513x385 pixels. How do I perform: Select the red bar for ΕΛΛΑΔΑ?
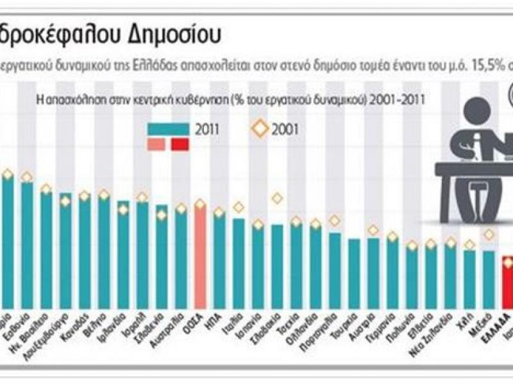[x=507, y=282]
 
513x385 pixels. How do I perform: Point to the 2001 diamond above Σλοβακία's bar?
[x=277, y=198]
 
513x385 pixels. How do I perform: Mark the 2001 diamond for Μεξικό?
[x=489, y=235]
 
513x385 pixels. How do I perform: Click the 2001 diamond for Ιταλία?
[x=239, y=207]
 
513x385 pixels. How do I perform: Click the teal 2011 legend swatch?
[x=167, y=128]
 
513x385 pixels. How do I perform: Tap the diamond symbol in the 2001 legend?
[x=260, y=128]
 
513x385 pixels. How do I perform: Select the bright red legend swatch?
[x=180, y=144]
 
